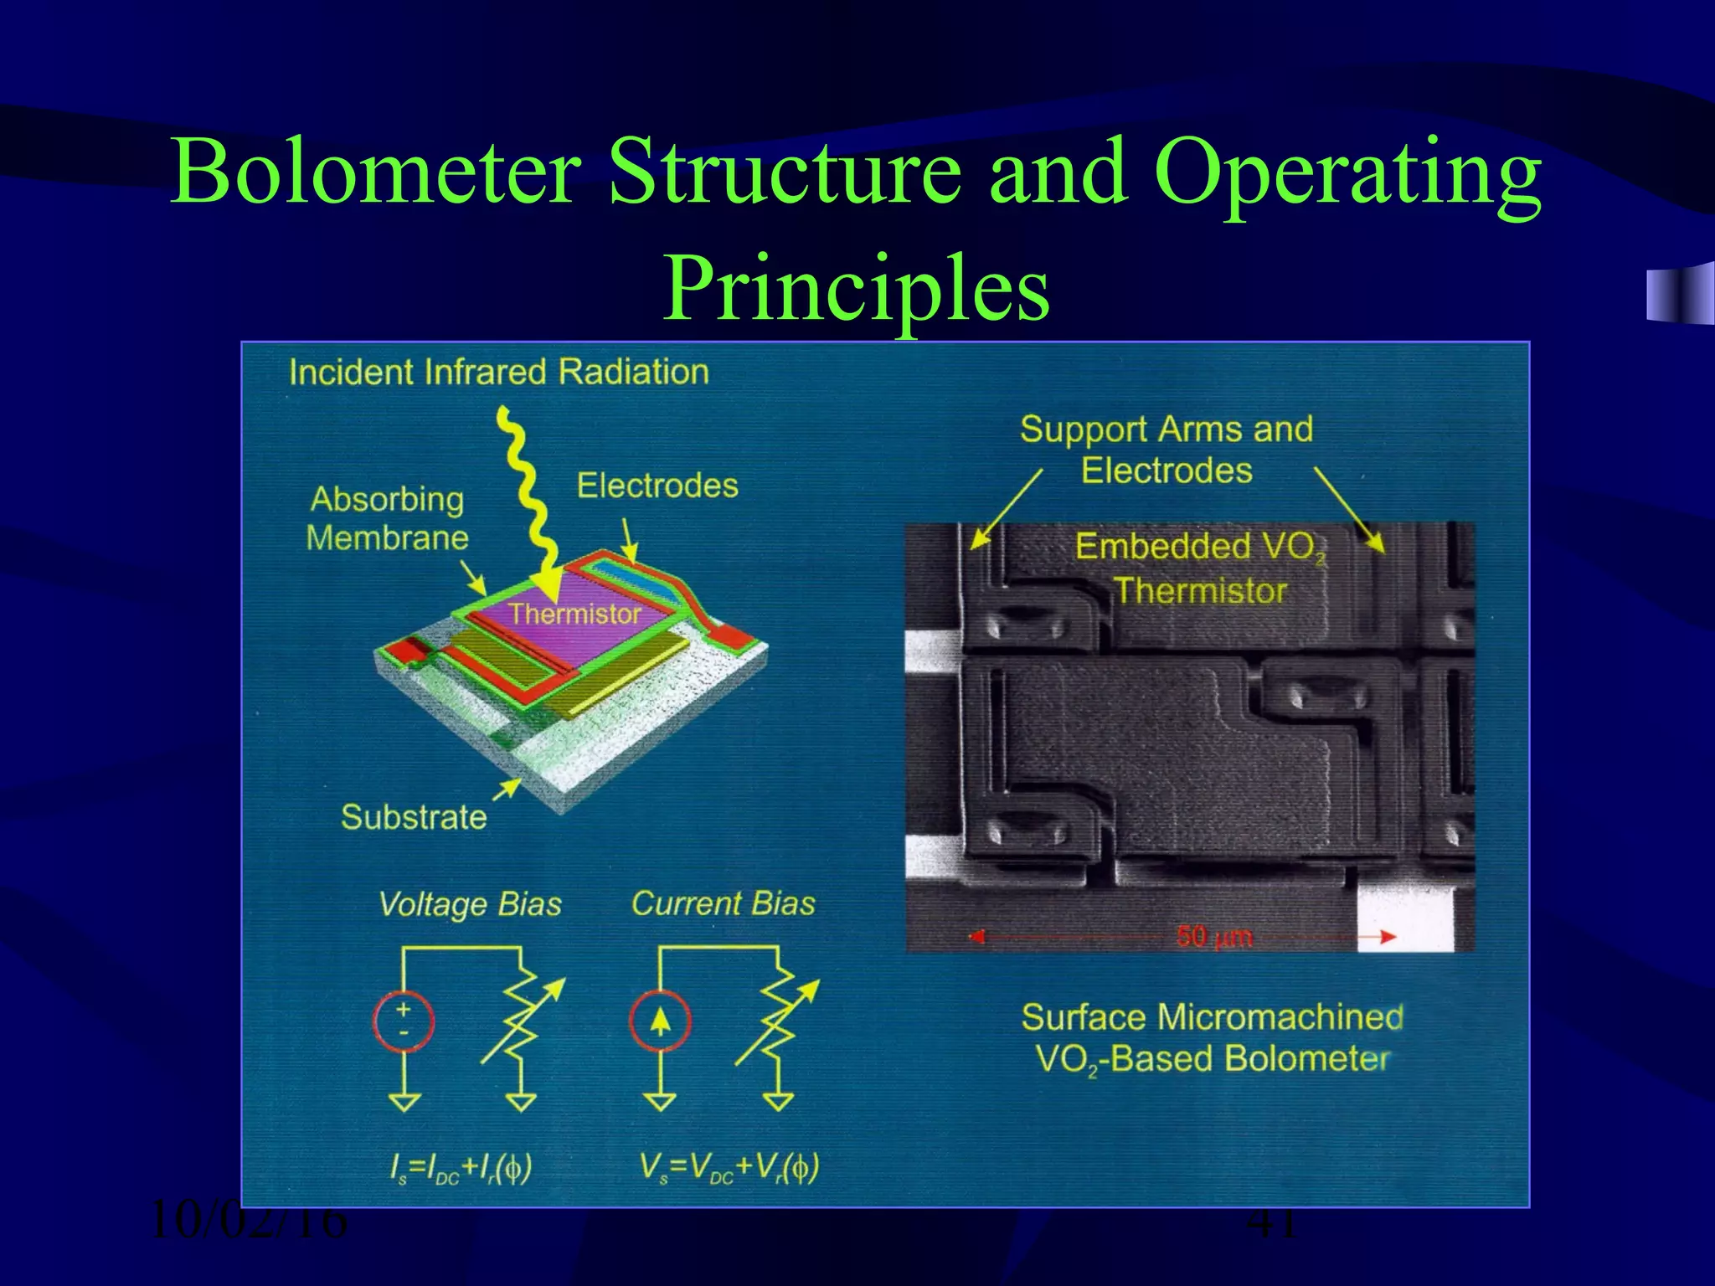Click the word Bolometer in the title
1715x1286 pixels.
pyautogui.click(x=375, y=172)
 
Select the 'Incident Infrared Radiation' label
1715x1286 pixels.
pyautogui.click(x=499, y=372)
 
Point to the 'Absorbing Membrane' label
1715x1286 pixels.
pyautogui.click(x=386, y=518)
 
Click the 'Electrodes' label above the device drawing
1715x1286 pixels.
pyautogui.click(x=657, y=486)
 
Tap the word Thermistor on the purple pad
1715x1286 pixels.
pyautogui.click(x=574, y=615)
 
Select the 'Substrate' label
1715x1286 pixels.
pyautogui.click(x=414, y=816)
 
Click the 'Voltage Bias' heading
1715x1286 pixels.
pyautogui.click(x=470, y=904)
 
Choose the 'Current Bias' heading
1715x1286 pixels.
pyautogui.click(x=723, y=903)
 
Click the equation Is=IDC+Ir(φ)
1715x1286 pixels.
pyautogui.click(x=461, y=1167)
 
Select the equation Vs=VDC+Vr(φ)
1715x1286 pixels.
pyautogui.click(x=729, y=1167)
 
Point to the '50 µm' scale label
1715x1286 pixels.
pyautogui.click(x=1214, y=935)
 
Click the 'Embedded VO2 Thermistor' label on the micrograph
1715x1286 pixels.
pyautogui.click(x=1200, y=568)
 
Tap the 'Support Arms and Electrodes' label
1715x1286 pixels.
pyautogui.click(x=1167, y=450)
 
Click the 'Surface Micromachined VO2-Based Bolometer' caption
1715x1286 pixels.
pyautogui.click(x=1212, y=1038)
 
